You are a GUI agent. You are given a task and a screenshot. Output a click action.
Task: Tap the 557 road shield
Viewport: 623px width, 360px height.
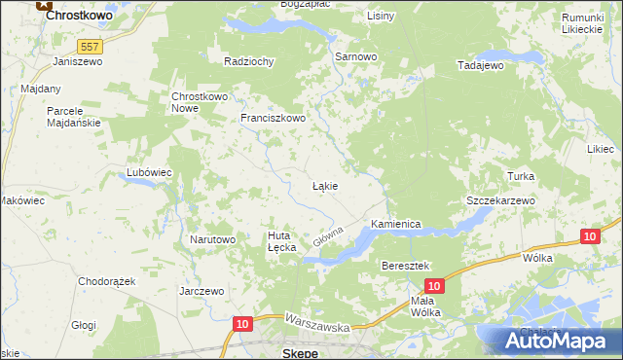click(91, 46)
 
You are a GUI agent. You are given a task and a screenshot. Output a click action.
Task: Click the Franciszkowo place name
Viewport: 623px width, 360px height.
click(274, 119)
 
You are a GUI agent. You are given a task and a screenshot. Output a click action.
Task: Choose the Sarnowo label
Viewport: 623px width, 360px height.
click(355, 57)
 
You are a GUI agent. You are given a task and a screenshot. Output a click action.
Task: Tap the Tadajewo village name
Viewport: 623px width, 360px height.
click(480, 65)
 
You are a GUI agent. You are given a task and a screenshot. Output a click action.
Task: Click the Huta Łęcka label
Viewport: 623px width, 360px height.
click(281, 240)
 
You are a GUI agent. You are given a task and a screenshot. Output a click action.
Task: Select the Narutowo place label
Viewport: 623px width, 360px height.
click(213, 239)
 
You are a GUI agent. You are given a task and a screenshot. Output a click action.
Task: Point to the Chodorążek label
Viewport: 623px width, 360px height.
click(107, 281)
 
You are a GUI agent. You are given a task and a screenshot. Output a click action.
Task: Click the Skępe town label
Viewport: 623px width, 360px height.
click(300, 351)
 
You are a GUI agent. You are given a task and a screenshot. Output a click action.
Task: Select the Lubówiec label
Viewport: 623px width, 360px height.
click(149, 172)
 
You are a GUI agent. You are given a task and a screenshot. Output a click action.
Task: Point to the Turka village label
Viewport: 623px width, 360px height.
click(522, 176)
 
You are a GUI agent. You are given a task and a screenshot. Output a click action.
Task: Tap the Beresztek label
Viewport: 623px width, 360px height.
click(406, 266)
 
